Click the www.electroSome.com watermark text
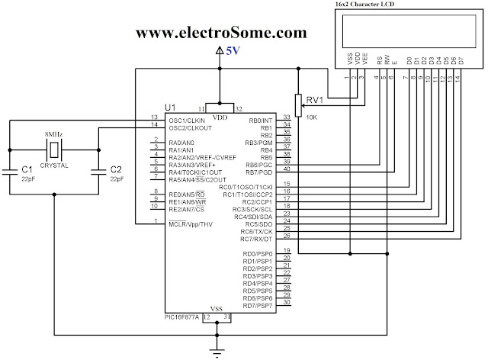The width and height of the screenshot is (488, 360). coord(221,32)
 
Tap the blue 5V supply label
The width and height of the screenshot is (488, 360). coord(233,51)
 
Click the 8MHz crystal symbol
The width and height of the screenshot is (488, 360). coord(54,149)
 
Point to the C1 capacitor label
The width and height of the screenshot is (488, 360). coord(27,170)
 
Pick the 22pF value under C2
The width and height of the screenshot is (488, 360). coord(117,179)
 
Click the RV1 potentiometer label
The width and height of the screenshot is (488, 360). coord(315,100)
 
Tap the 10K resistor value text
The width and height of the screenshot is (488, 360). coord(312,117)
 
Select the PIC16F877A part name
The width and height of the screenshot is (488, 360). coord(181,317)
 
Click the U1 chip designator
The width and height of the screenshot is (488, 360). coord(170,108)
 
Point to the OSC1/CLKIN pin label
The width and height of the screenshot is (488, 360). coord(187,121)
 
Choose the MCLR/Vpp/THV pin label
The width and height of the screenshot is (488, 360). coord(191,224)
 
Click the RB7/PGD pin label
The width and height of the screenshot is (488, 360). coord(259,172)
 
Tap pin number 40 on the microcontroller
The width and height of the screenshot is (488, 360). coord(287,169)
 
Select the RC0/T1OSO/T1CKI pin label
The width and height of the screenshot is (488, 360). coord(246,187)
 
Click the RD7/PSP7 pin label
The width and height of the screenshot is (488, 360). coord(258,306)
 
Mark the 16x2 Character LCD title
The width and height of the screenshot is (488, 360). coord(364,4)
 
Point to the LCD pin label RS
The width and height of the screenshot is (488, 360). coord(380,60)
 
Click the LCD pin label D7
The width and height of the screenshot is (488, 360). coord(461,60)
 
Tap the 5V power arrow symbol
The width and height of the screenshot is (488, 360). coord(220,51)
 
